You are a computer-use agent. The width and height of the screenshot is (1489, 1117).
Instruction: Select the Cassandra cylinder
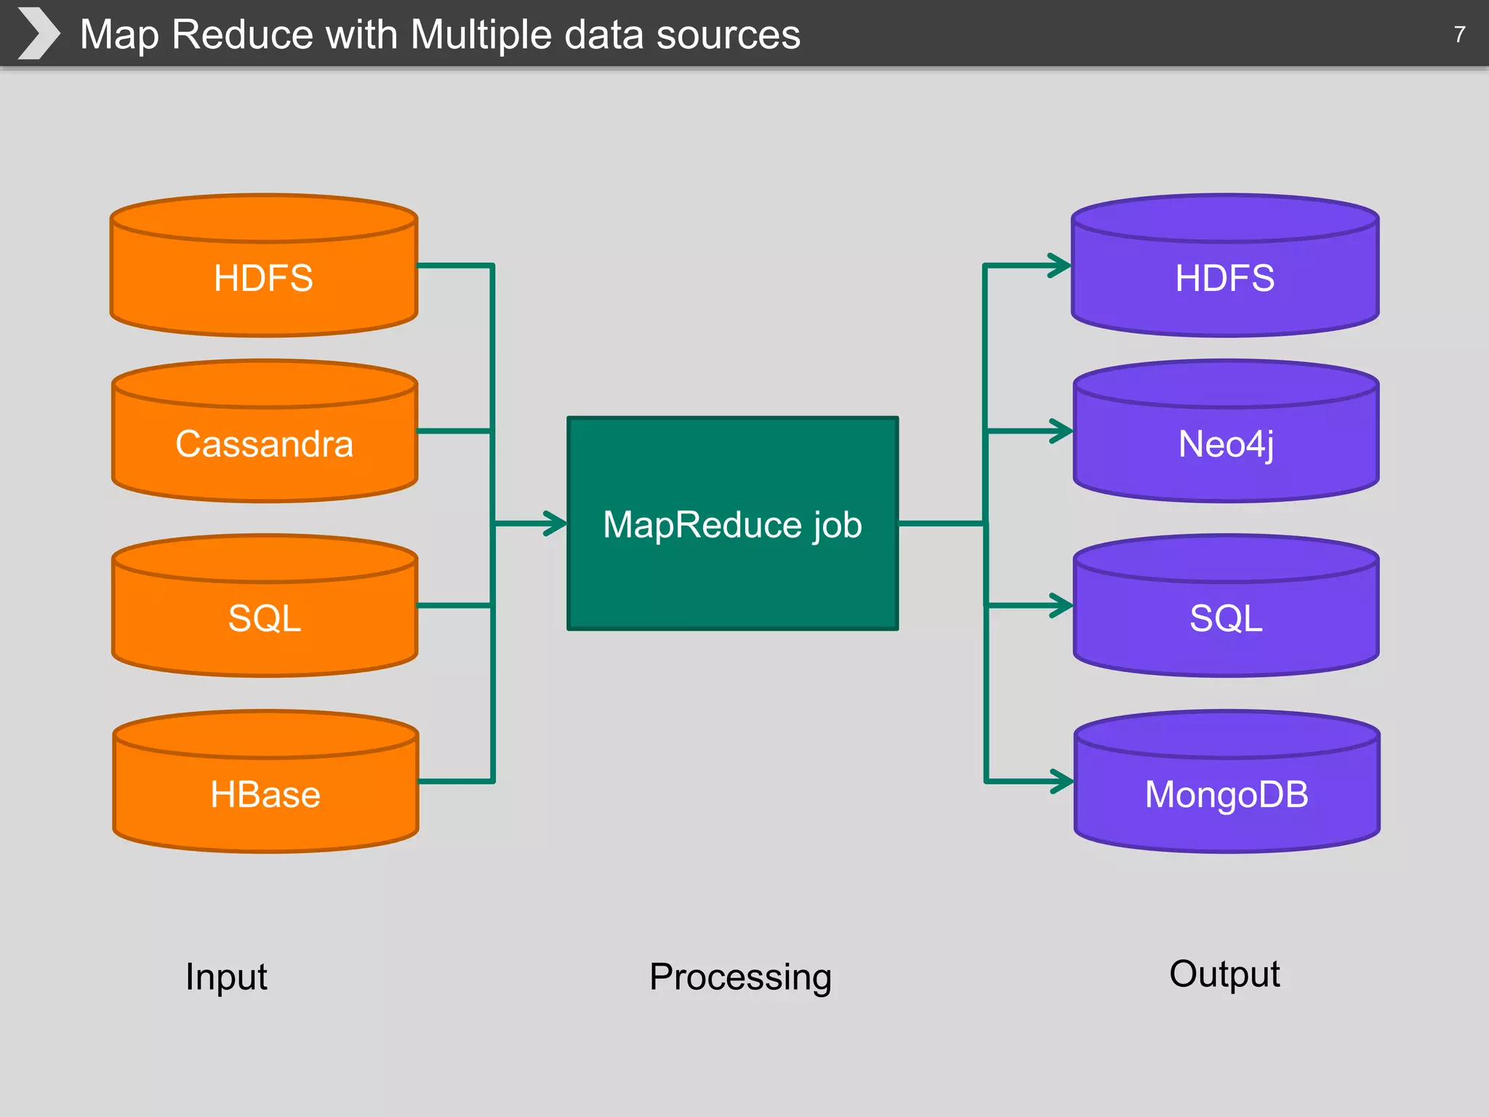tap(264, 444)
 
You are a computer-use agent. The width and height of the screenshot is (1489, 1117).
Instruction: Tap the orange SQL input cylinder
tap(264, 618)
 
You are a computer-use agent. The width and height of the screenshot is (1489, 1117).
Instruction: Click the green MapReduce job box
tap(732, 524)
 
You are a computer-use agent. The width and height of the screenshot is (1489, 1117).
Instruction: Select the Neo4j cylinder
tap(1226, 444)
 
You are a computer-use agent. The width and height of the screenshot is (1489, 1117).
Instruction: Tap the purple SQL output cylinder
tap(1226, 618)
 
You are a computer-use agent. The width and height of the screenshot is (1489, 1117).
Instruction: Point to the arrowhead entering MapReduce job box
tap(555, 524)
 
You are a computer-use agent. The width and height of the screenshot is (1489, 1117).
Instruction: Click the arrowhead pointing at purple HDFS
tap(1059, 265)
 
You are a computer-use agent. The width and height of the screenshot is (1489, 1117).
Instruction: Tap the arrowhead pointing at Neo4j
tap(1061, 431)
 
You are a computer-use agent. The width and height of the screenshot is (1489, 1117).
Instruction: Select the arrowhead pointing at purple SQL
tap(1061, 605)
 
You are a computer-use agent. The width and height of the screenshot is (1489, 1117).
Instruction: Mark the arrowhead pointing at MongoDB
tap(1061, 782)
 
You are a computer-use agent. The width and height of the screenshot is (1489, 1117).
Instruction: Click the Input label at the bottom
tap(226, 977)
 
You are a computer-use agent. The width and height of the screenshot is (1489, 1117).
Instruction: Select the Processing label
tap(740, 977)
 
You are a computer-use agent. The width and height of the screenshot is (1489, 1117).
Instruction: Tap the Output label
tap(1224, 974)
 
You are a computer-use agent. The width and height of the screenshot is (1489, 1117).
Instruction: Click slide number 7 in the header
tap(1459, 34)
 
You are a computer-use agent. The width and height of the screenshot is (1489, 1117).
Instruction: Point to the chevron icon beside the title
tap(38, 33)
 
